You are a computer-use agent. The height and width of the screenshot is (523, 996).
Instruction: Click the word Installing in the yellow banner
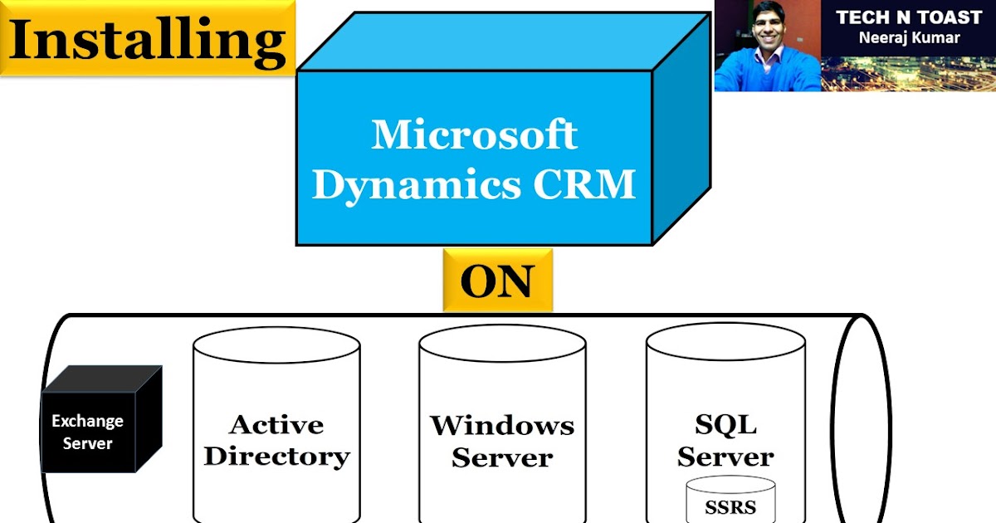point(148,39)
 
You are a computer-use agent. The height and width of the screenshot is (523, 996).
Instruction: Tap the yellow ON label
point(496,281)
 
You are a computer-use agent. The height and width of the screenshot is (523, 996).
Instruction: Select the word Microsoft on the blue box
point(474,134)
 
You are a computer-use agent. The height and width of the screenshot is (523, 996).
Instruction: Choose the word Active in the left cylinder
point(276,424)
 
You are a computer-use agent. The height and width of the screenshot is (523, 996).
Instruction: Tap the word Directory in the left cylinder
point(276,456)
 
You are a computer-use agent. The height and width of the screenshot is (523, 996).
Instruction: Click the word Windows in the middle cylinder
point(501,425)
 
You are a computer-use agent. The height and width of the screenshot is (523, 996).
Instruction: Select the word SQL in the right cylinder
point(725,424)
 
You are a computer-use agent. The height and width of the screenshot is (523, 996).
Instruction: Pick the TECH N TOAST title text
point(909,17)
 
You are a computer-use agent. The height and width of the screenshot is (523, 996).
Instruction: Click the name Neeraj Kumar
point(909,37)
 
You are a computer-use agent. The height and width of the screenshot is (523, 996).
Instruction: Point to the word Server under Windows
point(501,457)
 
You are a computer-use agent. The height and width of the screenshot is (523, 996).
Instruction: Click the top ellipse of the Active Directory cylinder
point(276,345)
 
